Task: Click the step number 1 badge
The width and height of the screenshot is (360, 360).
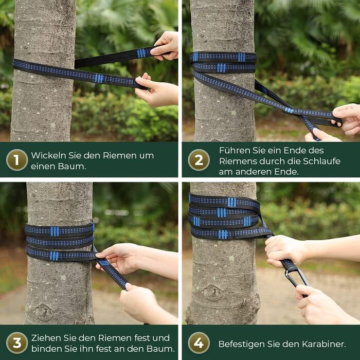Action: click(17, 160)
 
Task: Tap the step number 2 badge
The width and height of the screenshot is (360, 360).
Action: click(199, 160)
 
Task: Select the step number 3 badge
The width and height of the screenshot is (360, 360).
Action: click(17, 343)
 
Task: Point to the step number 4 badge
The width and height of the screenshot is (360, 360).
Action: click(199, 343)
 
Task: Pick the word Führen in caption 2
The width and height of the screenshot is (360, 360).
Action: click(233, 150)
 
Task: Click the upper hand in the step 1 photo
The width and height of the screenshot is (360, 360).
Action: click(166, 45)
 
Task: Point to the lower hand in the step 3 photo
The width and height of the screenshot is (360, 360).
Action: click(141, 303)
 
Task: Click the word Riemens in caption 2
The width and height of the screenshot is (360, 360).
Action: click(237, 160)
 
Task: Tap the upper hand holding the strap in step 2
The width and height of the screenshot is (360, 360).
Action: click(347, 118)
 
